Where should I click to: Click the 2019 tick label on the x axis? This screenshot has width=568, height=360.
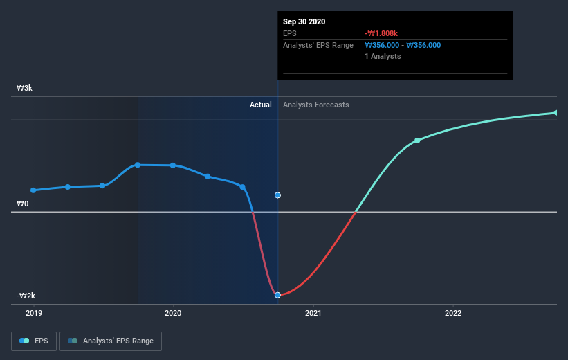(x=33, y=313)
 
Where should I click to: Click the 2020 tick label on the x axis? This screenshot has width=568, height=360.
(x=173, y=313)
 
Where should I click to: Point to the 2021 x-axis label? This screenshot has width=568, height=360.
(x=313, y=313)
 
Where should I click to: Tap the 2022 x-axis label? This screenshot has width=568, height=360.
(x=453, y=313)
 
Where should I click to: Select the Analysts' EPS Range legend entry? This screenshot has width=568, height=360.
(x=111, y=341)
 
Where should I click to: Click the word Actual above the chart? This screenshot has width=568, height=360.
(x=261, y=105)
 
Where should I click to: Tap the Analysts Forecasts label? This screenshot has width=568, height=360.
(x=316, y=105)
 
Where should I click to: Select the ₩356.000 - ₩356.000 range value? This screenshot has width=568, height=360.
(x=403, y=45)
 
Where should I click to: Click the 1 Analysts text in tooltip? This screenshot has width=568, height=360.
(x=383, y=56)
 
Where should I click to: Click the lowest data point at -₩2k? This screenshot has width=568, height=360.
(x=277, y=295)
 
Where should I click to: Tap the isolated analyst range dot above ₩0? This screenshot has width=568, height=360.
(x=277, y=195)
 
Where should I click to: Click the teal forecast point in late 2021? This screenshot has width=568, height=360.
(x=417, y=141)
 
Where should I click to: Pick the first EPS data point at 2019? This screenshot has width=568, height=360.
(x=33, y=190)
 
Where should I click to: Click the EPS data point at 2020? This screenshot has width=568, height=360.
(x=173, y=165)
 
